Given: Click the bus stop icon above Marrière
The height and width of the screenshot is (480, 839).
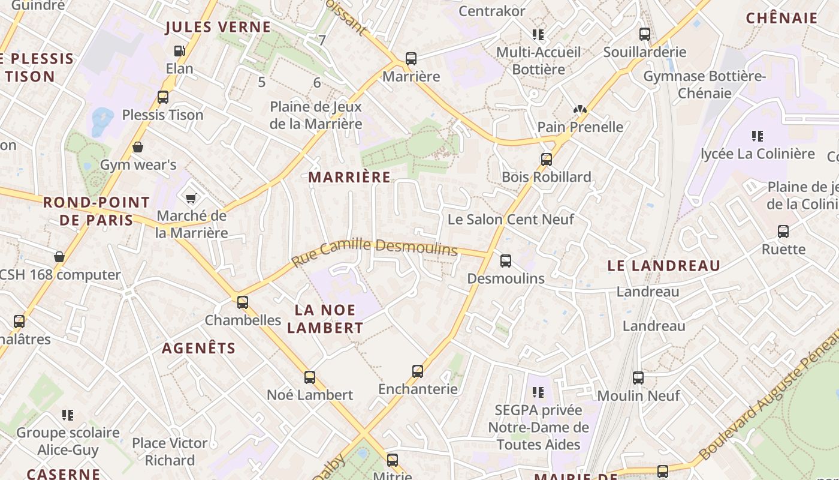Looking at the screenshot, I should (x=411, y=59).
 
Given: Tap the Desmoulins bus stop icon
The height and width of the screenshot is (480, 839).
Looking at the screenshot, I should (x=506, y=260).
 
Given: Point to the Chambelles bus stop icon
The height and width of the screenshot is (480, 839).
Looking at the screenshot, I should (x=243, y=302).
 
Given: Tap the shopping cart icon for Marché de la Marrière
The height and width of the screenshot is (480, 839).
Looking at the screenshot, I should (x=191, y=199).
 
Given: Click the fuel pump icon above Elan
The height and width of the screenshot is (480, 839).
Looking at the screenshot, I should (x=179, y=51).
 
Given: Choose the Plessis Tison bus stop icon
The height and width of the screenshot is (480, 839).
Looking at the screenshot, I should (x=162, y=97).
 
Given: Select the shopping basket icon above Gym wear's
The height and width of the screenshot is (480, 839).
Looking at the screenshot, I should (x=138, y=147).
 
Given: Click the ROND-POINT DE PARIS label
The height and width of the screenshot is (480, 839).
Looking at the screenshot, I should (x=96, y=211).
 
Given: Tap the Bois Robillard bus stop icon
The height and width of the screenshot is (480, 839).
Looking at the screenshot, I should (x=546, y=160).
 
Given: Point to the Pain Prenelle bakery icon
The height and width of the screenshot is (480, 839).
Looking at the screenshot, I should (x=579, y=109).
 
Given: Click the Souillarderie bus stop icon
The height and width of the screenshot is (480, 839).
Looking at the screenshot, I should (x=645, y=34).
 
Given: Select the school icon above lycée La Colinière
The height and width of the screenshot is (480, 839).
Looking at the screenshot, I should (x=757, y=136).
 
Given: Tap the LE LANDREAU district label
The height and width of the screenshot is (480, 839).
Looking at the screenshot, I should (x=664, y=266).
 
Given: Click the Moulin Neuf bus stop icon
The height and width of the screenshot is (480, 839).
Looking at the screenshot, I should (x=638, y=378).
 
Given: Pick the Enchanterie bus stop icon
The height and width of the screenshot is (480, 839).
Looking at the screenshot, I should (x=418, y=371).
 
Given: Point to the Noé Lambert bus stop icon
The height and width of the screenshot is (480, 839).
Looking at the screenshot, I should (x=310, y=377).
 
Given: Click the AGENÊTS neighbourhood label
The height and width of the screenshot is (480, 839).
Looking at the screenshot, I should (x=199, y=348).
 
